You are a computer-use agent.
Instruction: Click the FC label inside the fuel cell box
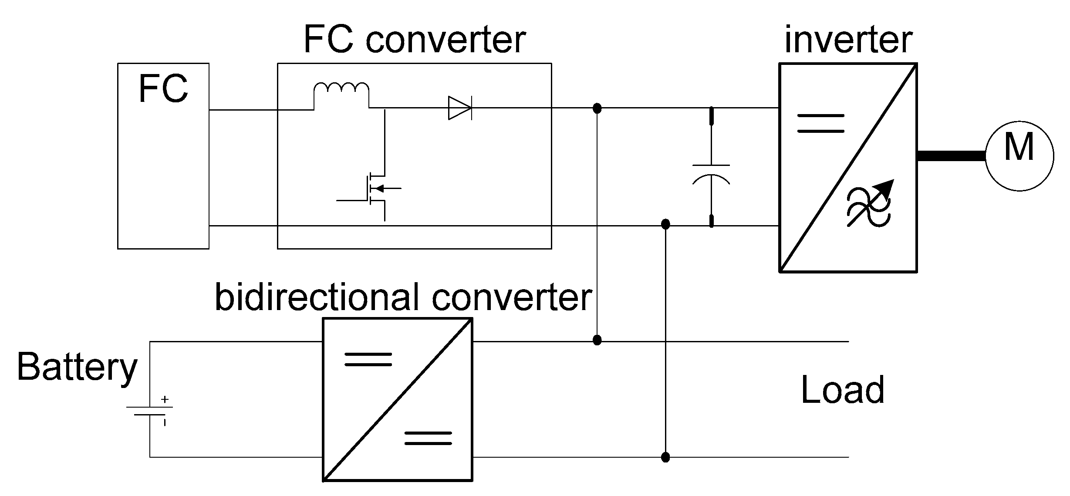(163, 89)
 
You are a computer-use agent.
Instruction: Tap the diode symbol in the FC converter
(460, 108)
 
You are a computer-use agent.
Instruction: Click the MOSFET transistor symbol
(370, 189)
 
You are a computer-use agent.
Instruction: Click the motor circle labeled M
(1019, 156)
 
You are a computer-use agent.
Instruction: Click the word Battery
(77, 368)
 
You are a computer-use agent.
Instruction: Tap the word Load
(843, 390)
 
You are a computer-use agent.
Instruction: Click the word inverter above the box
(848, 40)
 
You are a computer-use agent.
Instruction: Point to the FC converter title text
(415, 40)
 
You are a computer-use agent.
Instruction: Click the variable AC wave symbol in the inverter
(869, 203)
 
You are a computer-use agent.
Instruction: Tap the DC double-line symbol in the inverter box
(820, 123)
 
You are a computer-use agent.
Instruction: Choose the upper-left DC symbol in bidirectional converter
(368, 359)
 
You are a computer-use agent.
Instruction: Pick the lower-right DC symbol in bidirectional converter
(428, 438)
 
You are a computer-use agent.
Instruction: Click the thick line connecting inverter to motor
(952, 156)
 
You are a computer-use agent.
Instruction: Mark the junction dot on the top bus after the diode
(597, 108)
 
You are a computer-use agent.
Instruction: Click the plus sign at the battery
(165, 399)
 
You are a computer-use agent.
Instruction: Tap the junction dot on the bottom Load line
(665, 457)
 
